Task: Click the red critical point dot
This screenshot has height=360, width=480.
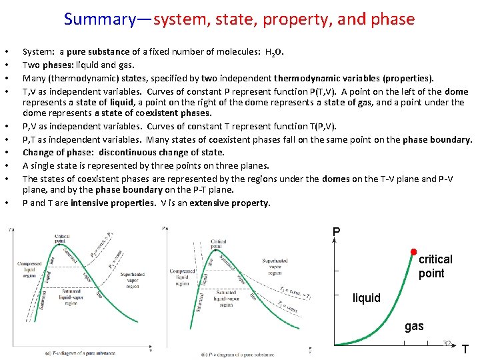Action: point(413,252)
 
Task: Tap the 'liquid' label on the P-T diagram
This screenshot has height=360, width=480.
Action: point(366,298)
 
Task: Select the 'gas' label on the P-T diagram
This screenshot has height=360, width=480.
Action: point(413,326)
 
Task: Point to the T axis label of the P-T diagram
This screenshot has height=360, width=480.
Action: point(465,349)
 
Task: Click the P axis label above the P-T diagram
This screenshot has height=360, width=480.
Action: point(336,232)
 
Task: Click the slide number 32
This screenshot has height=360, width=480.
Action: point(447,344)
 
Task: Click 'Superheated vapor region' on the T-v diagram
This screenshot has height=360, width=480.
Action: point(132,278)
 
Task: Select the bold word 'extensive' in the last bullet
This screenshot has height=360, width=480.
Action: point(209,203)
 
